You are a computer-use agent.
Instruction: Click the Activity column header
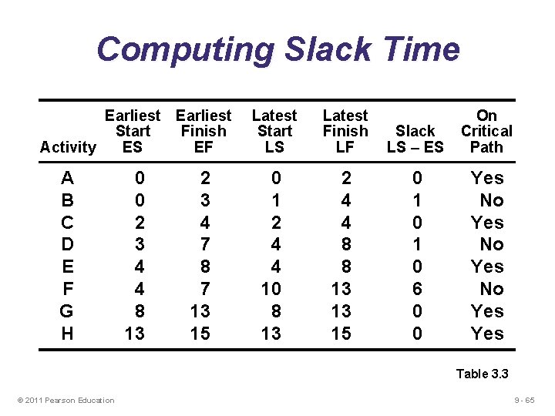68,147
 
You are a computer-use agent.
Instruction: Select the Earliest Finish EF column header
203,131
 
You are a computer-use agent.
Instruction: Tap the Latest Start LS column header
274,131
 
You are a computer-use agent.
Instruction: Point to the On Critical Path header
486,131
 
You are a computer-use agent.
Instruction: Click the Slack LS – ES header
415,139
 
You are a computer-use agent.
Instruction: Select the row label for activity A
67,178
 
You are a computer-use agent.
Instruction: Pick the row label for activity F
67,289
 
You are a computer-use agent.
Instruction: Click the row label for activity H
67,334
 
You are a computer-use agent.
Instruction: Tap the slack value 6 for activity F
417,289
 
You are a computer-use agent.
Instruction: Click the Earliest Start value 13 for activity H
136,334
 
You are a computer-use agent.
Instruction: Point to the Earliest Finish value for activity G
201,311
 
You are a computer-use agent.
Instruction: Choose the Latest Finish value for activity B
346,200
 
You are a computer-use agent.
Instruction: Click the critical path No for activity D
491,245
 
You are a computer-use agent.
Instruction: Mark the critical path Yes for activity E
487,267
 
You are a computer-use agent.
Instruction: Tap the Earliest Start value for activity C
139,223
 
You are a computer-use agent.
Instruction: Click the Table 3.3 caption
483,374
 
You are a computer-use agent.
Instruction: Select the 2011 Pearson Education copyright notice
66,400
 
